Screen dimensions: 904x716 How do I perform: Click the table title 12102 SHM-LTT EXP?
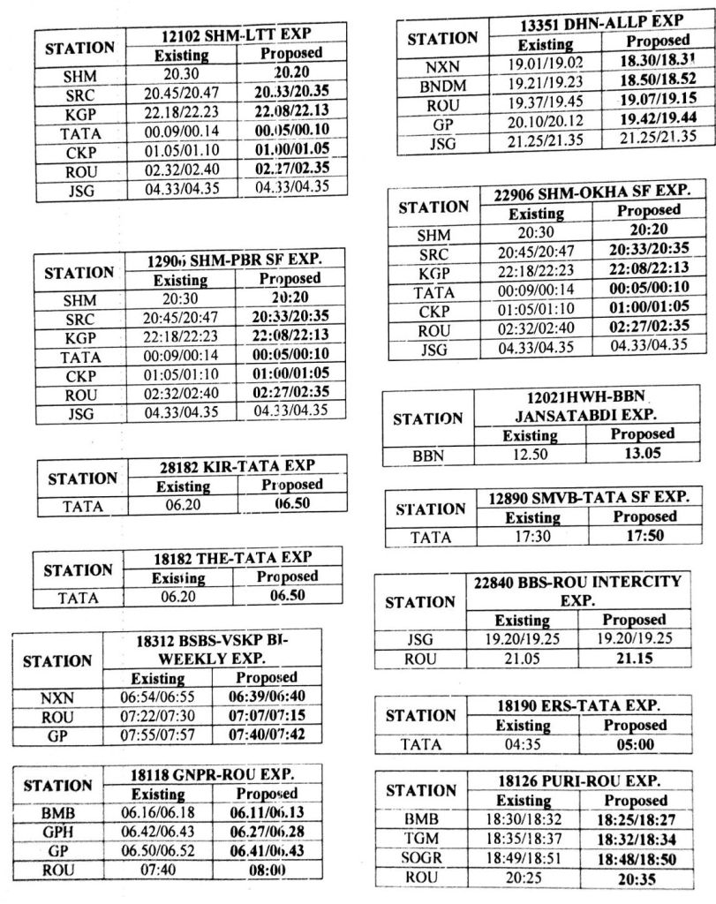236,34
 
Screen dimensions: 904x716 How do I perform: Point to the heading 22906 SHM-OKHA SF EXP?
592,191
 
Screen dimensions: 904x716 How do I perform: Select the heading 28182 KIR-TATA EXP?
232,464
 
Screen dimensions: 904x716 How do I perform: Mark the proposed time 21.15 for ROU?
634,659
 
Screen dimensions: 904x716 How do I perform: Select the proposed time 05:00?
642,744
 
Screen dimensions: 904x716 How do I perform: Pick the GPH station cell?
56,831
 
